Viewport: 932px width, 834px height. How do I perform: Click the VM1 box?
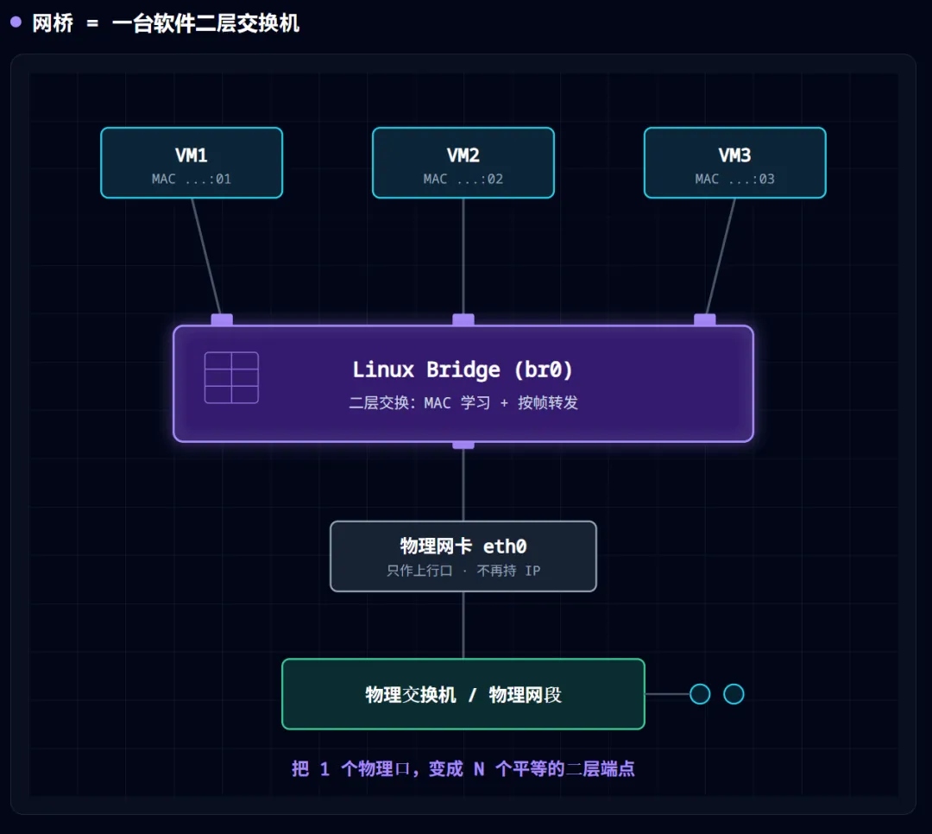tap(192, 162)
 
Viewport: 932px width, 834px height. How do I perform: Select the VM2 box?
tap(463, 162)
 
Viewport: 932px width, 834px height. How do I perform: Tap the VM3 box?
tap(734, 162)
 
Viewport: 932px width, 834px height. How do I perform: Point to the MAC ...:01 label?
tap(192, 179)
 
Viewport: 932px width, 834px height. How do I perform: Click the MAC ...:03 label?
tap(734, 179)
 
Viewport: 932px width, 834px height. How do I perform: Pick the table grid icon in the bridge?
tap(231, 378)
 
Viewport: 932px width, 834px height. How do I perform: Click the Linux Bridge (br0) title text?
tap(463, 370)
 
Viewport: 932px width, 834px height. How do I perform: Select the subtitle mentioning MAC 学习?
tap(463, 402)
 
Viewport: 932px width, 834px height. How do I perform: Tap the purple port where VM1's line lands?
tap(222, 319)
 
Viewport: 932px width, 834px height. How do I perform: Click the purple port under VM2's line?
tap(463, 319)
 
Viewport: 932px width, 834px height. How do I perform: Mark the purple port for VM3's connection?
tap(705, 319)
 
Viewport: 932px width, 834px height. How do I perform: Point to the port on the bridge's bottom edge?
tap(463, 445)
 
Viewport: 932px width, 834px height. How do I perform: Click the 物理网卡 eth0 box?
tap(463, 556)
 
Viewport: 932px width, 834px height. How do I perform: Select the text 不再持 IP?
tap(508, 571)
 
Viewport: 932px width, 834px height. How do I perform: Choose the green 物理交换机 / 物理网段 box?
tap(463, 693)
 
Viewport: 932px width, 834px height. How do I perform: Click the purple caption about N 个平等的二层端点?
tap(463, 768)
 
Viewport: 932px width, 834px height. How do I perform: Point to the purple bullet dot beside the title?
tap(16, 22)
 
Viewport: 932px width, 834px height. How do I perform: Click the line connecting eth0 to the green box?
tap(463, 625)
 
